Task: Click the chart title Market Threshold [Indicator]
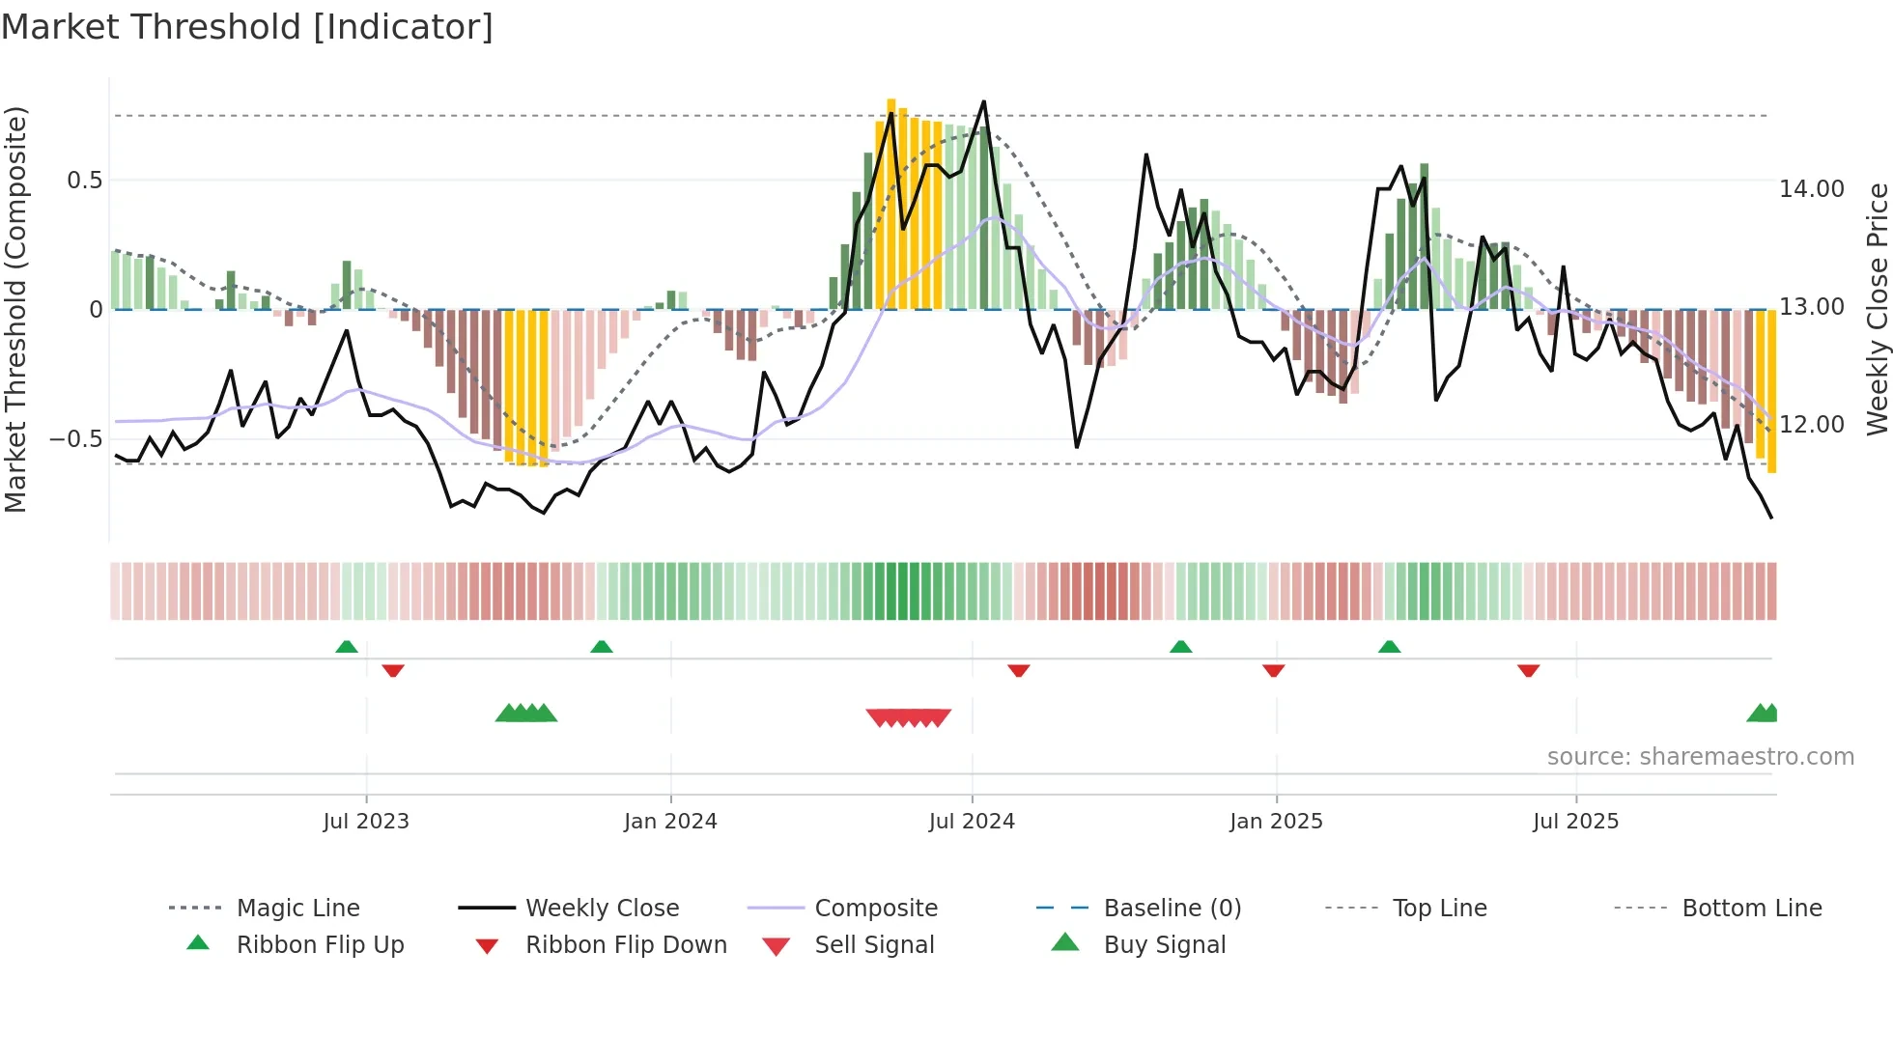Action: [247, 27]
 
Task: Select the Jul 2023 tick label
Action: [366, 822]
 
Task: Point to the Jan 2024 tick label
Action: [670, 822]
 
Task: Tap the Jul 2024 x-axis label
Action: [972, 822]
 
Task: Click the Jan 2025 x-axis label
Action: [1276, 822]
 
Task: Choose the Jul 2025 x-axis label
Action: [1575, 822]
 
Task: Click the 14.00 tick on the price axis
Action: [1811, 189]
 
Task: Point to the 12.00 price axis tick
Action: [1811, 425]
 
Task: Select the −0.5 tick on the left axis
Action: [76, 439]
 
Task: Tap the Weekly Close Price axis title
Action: [1877, 309]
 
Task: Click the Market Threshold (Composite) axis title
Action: [15, 309]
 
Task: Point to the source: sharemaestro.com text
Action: [1700, 757]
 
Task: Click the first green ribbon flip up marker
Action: [347, 647]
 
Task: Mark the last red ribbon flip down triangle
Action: [1528, 670]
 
